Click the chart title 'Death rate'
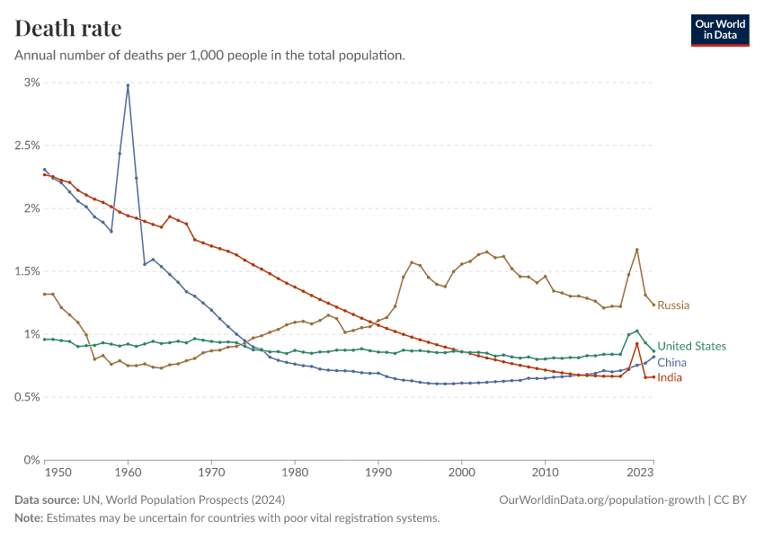(x=68, y=28)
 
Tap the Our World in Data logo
(x=719, y=30)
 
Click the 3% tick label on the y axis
(x=32, y=83)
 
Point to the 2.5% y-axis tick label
(x=27, y=146)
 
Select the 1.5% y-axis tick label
(x=27, y=271)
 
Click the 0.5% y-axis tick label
(x=27, y=397)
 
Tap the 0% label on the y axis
(x=32, y=460)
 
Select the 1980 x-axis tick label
(x=295, y=472)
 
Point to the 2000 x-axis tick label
(x=461, y=472)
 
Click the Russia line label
(x=673, y=305)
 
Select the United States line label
(x=691, y=346)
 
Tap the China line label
(x=672, y=362)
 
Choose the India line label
(x=670, y=377)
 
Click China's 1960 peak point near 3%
(x=128, y=85)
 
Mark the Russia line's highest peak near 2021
(x=636, y=250)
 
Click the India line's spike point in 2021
(x=636, y=343)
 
